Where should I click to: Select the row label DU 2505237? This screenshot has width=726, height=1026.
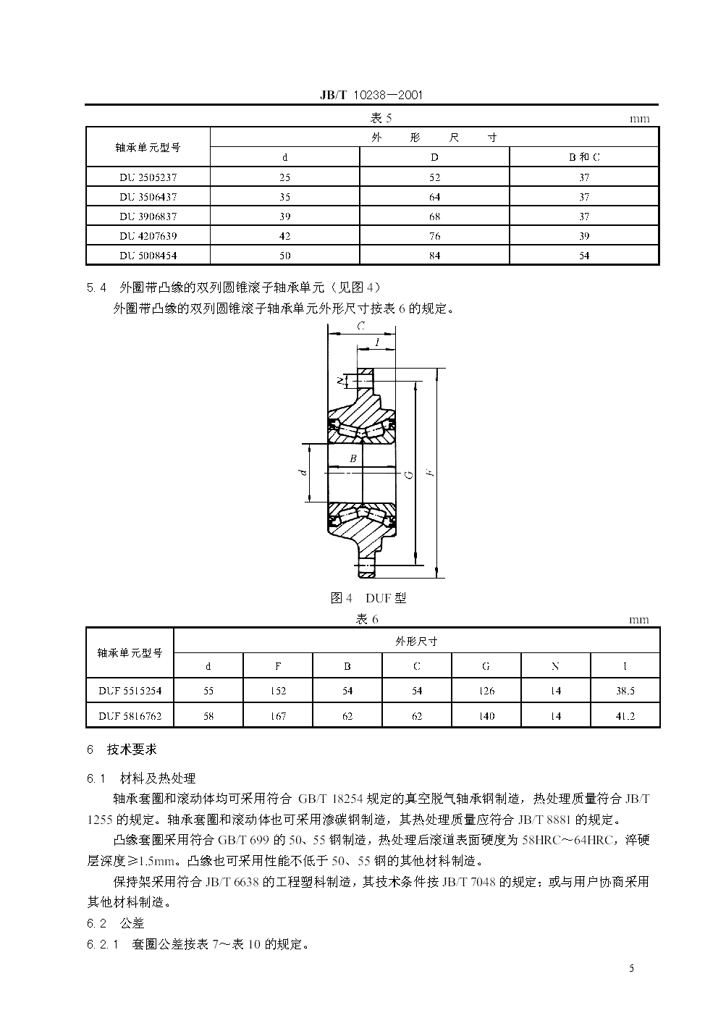[148, 177]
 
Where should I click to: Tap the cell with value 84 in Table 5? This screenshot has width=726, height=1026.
[434, 256]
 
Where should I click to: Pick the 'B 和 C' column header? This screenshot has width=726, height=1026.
[583, 157]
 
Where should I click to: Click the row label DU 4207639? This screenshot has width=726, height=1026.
[148, 236]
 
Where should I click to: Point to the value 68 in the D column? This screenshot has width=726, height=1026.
[434, 216]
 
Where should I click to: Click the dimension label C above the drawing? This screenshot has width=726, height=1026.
[360, 327]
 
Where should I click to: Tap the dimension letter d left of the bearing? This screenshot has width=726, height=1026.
[304, 472]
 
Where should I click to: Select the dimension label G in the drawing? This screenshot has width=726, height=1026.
[409, 474]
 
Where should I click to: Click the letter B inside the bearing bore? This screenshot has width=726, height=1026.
[353, 458]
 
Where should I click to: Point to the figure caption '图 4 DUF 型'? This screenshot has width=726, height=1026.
[368, 598]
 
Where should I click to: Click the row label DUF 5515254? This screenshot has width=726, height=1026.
[130, 691]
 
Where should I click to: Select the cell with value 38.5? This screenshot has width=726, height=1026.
[625, 691]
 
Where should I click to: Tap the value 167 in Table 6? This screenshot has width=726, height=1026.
[278, 716]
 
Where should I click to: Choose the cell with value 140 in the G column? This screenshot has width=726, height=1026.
[486, 716]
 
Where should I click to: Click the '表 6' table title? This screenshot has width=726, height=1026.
[368, 619]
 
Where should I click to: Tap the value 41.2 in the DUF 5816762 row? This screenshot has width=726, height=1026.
[625, 716]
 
